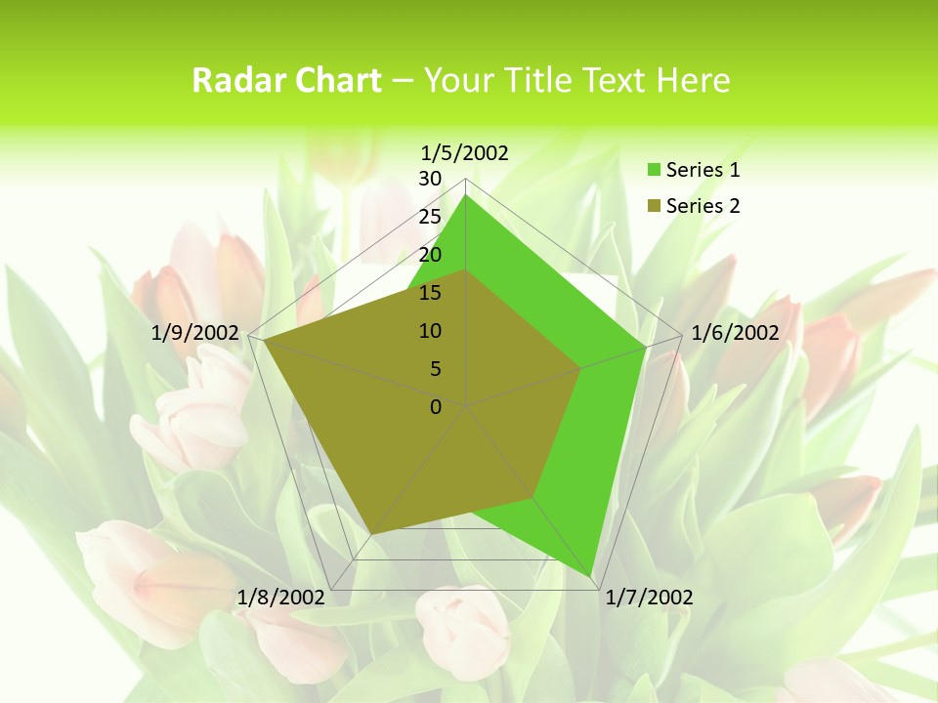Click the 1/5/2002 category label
tap(464, 152)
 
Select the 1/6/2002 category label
tap(735, 333)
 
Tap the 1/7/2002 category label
tap(649, 598)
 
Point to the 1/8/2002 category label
tap(280, 598)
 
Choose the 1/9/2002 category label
tap(195, 333)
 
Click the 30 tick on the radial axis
tap(430, 179)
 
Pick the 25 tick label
tap(430, 217)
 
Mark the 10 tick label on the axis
tap(430, 331)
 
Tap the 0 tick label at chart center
tap(436, 407)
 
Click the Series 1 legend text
tap(703, 170)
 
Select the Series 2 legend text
tap(703, 206)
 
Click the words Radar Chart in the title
tap(286, 81)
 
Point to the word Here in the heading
tap(694, 81)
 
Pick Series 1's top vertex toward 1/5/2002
tap(466, 195)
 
